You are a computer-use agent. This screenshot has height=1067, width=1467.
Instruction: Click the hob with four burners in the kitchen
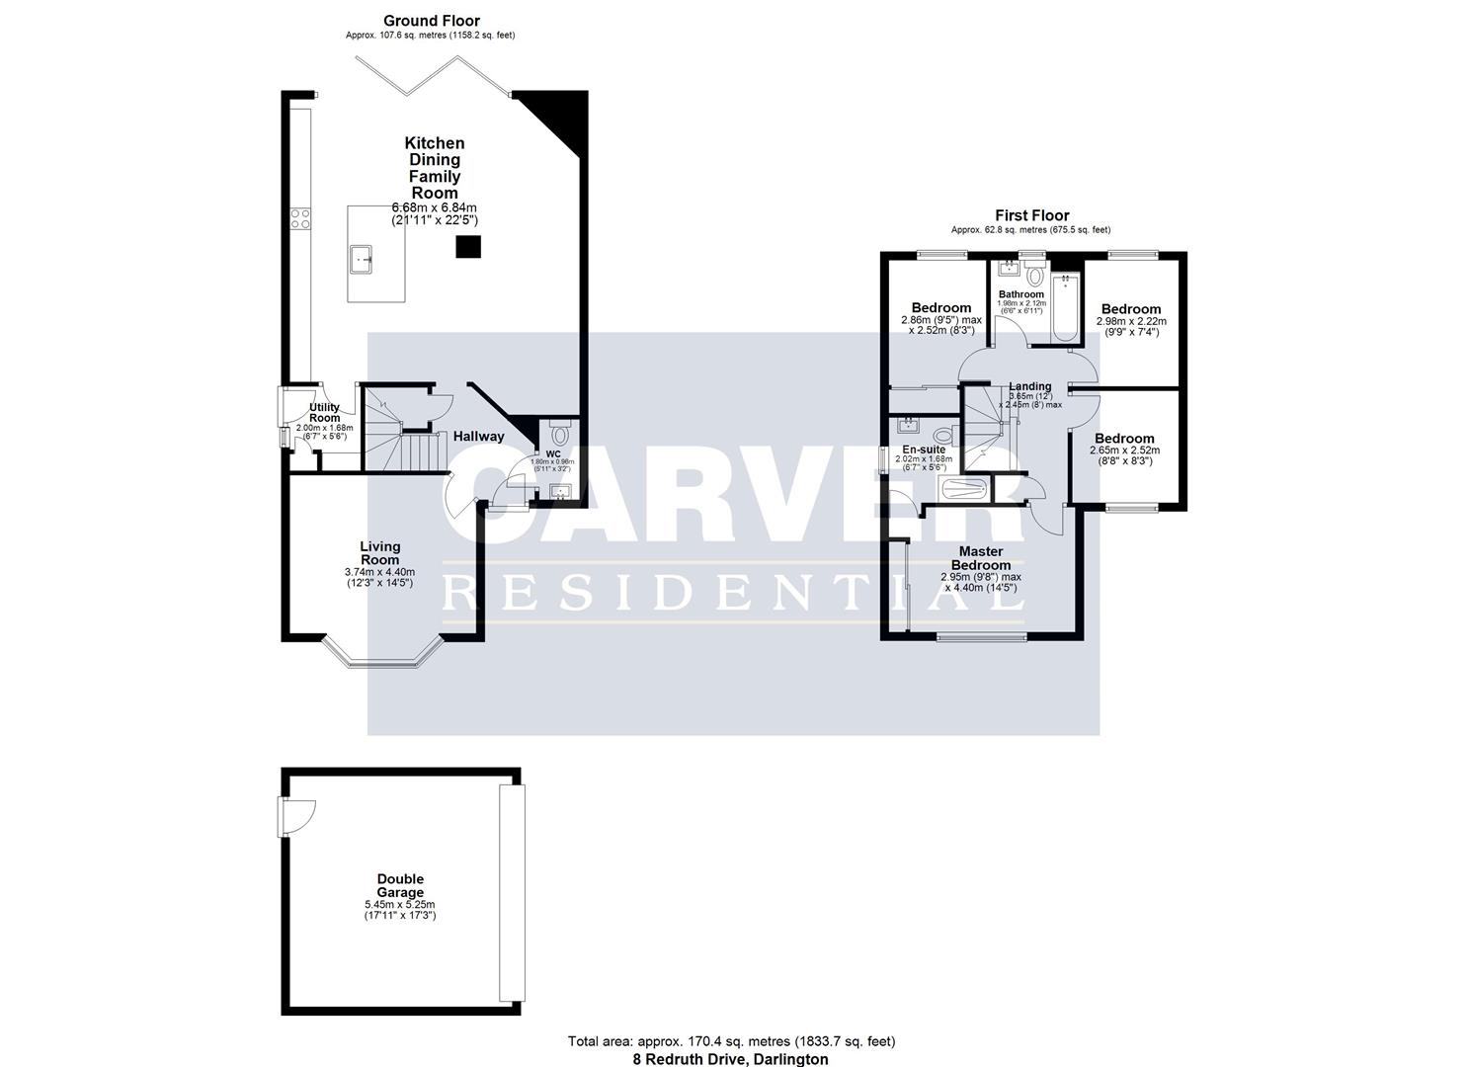point(299,218)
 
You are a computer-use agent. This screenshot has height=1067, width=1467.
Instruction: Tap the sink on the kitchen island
point(361,260)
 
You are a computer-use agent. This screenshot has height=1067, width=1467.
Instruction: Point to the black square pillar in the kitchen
point(468,246)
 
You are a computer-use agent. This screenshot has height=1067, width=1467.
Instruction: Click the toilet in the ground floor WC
point(560,434)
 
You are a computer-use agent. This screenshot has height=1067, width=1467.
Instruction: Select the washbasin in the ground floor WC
point(563,492)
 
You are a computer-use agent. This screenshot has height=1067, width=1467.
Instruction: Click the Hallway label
point(478,436)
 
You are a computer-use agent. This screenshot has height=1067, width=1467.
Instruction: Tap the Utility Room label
point(324,412)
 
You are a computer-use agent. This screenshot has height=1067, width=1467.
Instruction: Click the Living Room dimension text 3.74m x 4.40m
point(379,572)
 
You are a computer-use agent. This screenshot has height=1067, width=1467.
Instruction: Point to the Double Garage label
point(400,885)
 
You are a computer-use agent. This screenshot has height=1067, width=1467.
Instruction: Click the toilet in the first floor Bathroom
point(1035,275)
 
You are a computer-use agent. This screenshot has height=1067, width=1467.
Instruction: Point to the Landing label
point(1029,386)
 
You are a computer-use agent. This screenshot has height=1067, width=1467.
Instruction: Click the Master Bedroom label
point(981,558)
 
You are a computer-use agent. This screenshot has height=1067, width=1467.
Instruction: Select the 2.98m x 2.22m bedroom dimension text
point(1131,321)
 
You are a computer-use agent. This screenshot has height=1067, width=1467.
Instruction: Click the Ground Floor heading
point(431,21)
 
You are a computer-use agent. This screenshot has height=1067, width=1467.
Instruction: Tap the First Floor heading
point(1031,215)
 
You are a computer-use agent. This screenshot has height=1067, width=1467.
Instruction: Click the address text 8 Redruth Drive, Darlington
point(731,1059)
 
